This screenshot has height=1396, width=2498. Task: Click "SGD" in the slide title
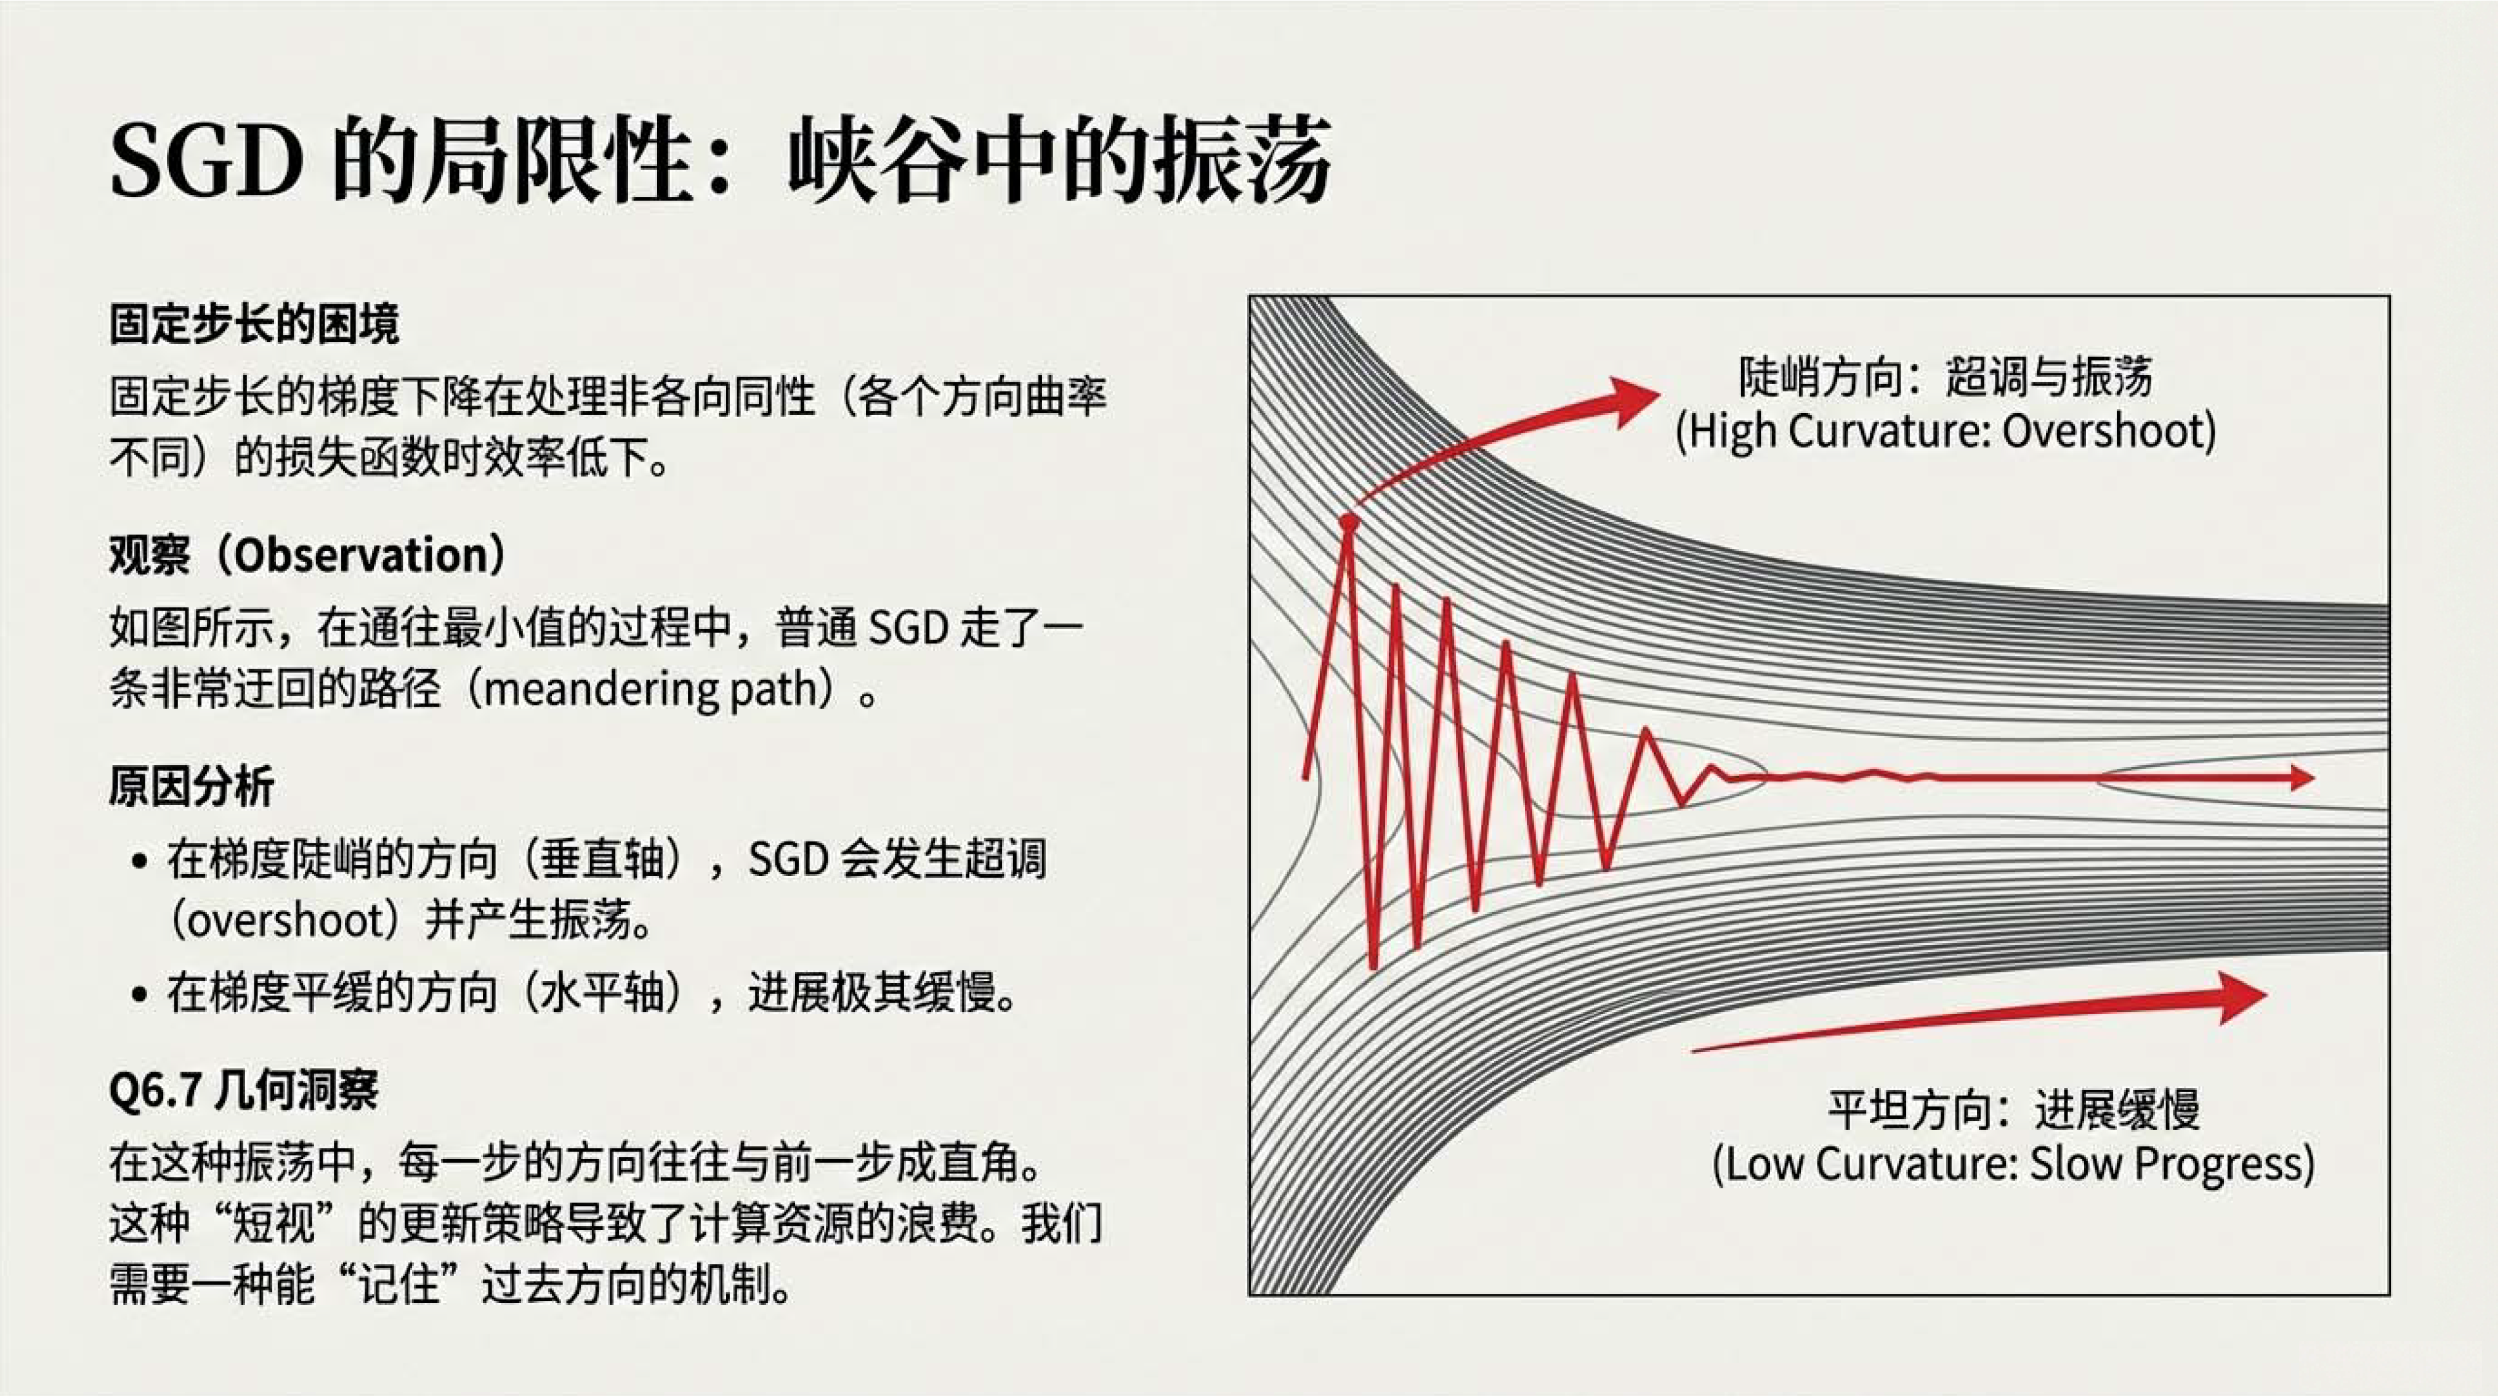pyautogui.click(x=206, y=160)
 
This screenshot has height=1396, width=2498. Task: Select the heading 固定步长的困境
pyautogui.click(x=254, y=324)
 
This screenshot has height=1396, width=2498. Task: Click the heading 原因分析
pyautogui.click(x=191, y=785)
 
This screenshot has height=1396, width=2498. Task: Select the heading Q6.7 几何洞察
pyautogui.click(x=243, y=1091)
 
